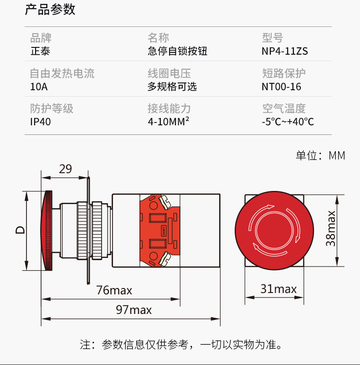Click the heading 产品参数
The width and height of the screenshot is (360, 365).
click(x=50, y=10)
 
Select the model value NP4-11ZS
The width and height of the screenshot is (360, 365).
click(x=284, y=51)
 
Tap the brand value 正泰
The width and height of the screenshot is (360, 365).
click(x=40, y=51)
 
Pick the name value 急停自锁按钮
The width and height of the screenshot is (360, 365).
click(x=177, y=51)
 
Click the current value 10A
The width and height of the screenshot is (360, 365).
click(x=39, y=87)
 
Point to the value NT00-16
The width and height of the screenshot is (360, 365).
click(x=281, y=87)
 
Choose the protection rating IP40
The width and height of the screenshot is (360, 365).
click(x=41, y=122)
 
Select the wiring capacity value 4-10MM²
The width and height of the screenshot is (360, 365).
click(x=168, y=122)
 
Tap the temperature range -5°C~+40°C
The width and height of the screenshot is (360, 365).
click(x=288, y=122)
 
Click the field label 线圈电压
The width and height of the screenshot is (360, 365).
click(x=169, y=73)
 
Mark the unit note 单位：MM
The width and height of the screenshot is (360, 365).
click(x=320, y=155)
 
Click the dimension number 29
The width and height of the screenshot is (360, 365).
click(x=65, y=169)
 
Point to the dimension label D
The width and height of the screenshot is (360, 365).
click(x=20, y=230)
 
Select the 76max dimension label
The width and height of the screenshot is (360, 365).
click(x=114, y=290)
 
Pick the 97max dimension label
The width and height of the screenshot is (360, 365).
click(x=134, y=310)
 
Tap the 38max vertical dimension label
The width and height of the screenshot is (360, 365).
click(x=331, y=228)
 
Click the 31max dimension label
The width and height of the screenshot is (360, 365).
click(x=278, y=289)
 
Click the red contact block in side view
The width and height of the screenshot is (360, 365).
click(x=160, y=231)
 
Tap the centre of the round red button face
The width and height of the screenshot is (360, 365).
click(x=274, y=231)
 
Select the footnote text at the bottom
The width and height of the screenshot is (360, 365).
click(x=181, y=345)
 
